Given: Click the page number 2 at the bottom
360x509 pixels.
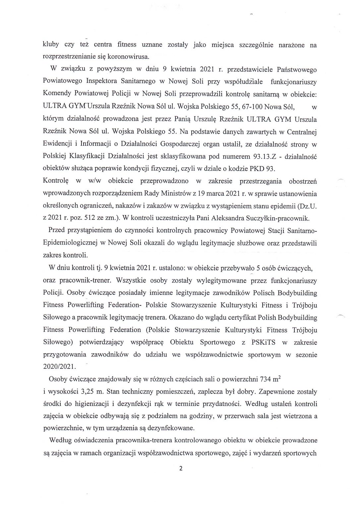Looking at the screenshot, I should point(180,469).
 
